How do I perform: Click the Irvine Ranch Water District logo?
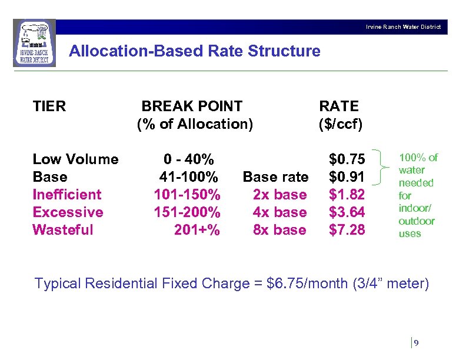(x=35, y=43)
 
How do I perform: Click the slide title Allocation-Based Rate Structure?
(x=195, y=51)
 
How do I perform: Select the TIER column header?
(x=49, y=106)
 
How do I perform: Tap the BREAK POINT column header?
(x=192, y=106)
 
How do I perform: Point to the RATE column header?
(x=338, y=106)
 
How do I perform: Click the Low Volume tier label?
(x=75, y=159)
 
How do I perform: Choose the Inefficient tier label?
(x=67, y=195)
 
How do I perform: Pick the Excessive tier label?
(x=68, y=212)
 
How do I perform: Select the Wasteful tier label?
(x=63, y=230)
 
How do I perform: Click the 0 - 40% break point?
(x=189, y=159)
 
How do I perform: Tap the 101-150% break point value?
(x=187, y=195)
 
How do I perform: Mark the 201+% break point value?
(x=197, y=230)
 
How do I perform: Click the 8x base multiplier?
(x=279, y=230)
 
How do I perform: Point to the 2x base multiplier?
(x=279, y=195)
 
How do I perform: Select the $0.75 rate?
(x=347, y=159)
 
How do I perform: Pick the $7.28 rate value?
(x=347, y=230)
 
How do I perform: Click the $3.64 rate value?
(x=347, y=212)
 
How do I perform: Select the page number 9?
(x=417, y=343)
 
